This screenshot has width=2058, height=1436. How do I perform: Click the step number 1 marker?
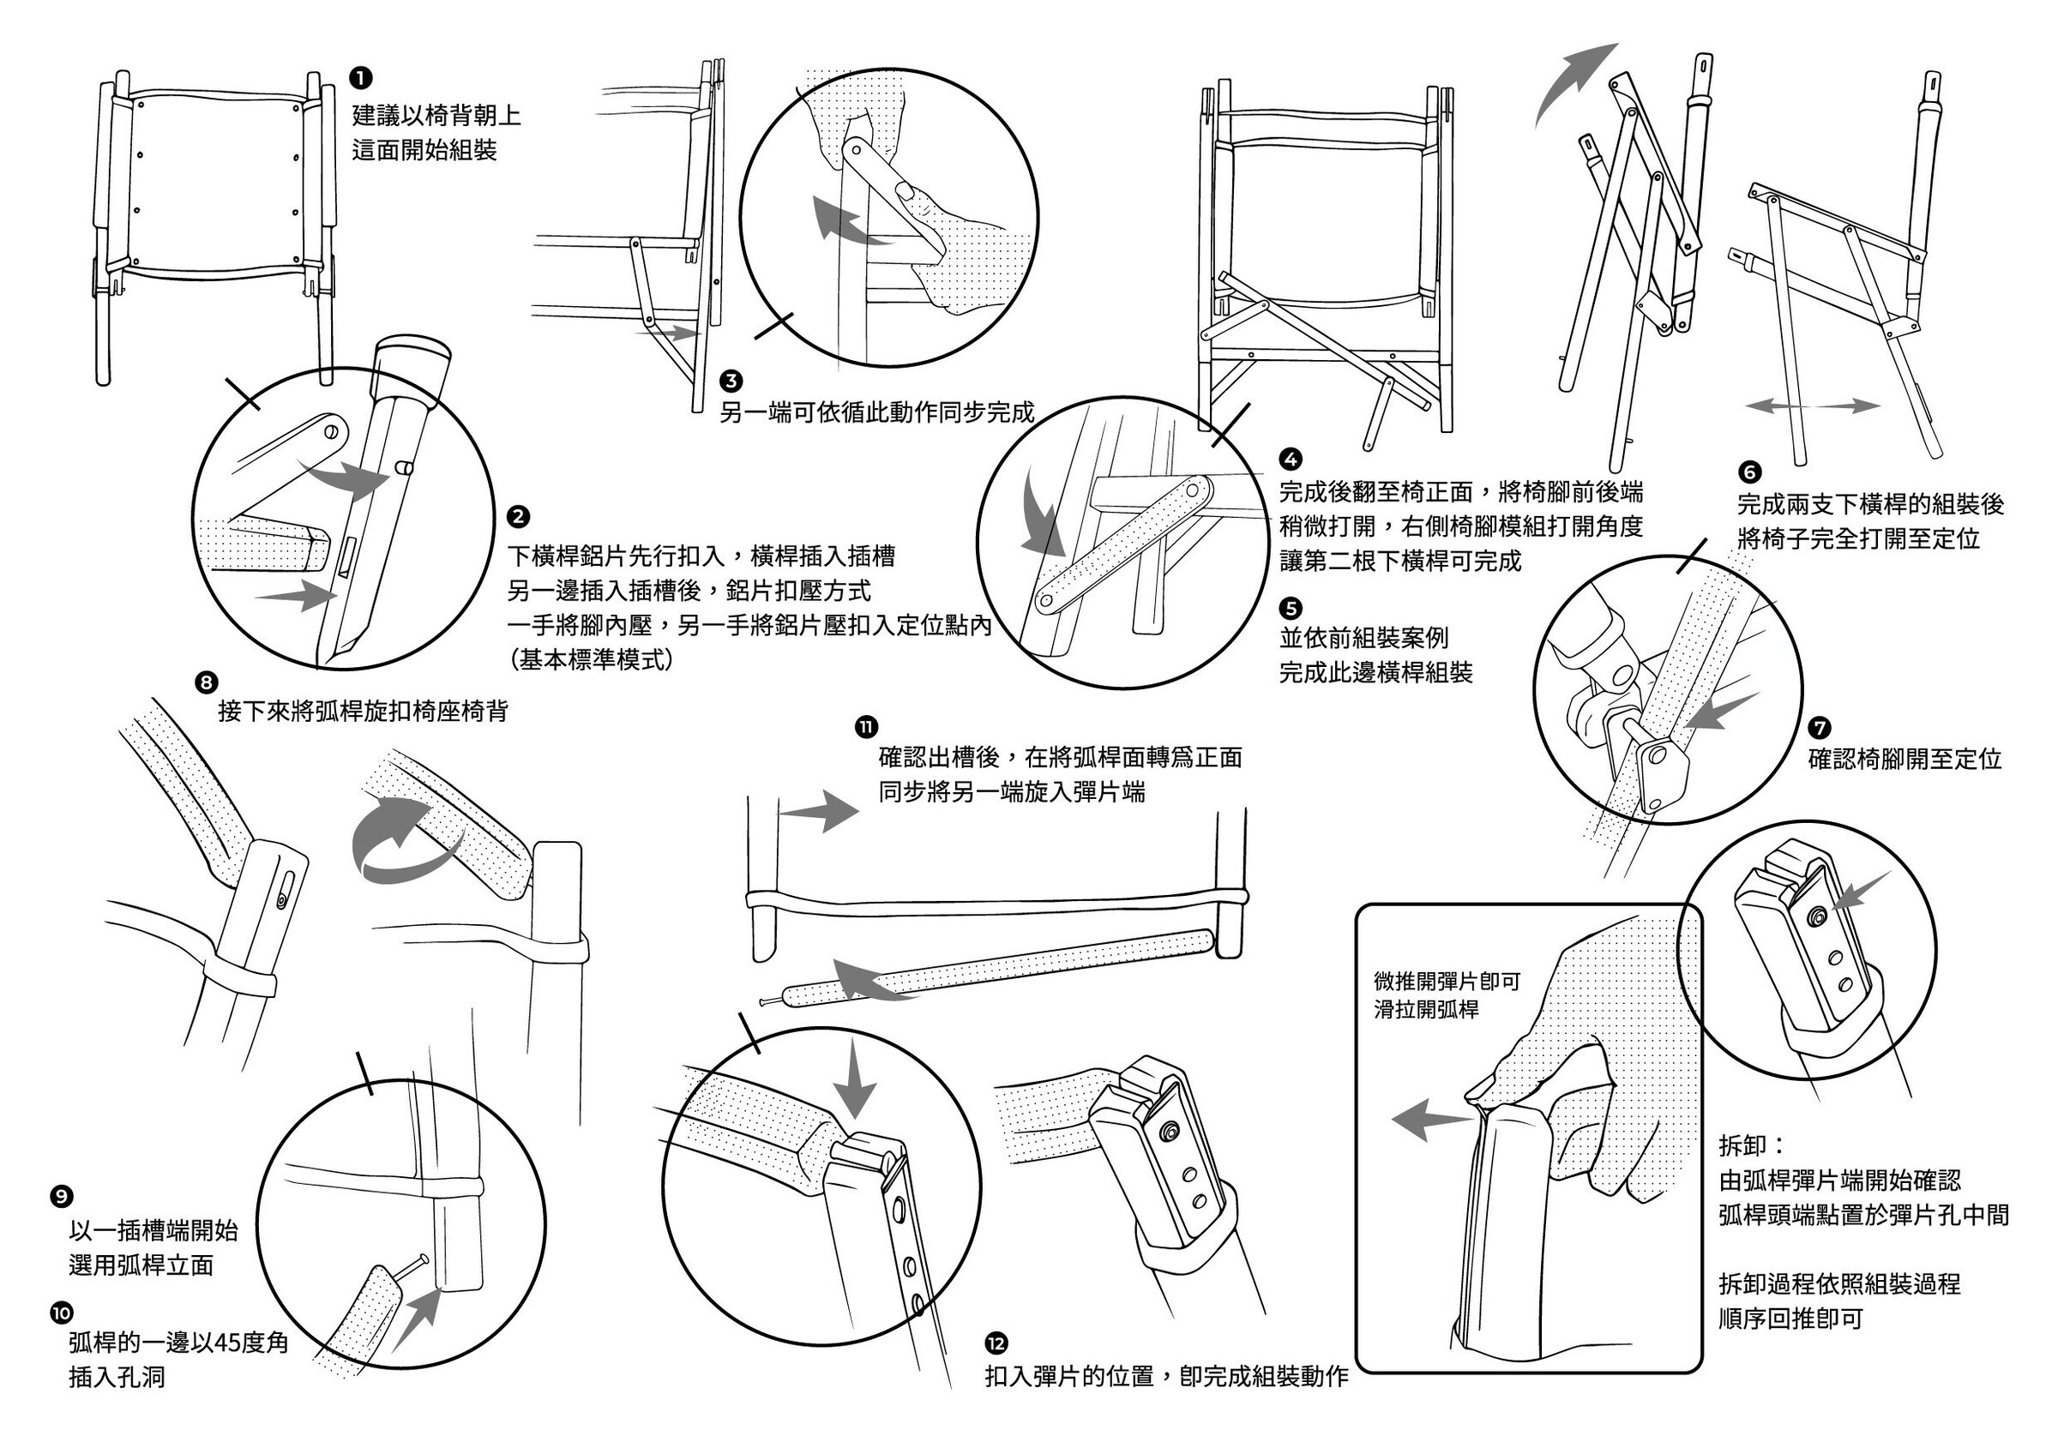360,79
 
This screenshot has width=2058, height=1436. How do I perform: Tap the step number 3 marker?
731,381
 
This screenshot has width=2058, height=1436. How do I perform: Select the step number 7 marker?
1820,729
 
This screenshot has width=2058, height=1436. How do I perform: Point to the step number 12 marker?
996,1343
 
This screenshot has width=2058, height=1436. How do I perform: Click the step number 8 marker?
206,682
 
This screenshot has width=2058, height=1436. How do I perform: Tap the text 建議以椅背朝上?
436,116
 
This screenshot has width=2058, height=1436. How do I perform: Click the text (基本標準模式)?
592,660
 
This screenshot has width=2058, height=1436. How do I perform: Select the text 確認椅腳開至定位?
1904,760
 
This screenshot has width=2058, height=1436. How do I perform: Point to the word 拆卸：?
1752,1145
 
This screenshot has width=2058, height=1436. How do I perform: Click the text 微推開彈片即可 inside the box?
1447,982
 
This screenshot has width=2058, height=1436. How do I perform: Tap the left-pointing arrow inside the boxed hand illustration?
1429,1121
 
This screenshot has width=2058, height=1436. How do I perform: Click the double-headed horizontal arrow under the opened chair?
1813,406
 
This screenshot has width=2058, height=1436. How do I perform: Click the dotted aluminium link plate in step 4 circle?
1125,545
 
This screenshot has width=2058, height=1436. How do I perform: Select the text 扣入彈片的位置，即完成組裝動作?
1166,1376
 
